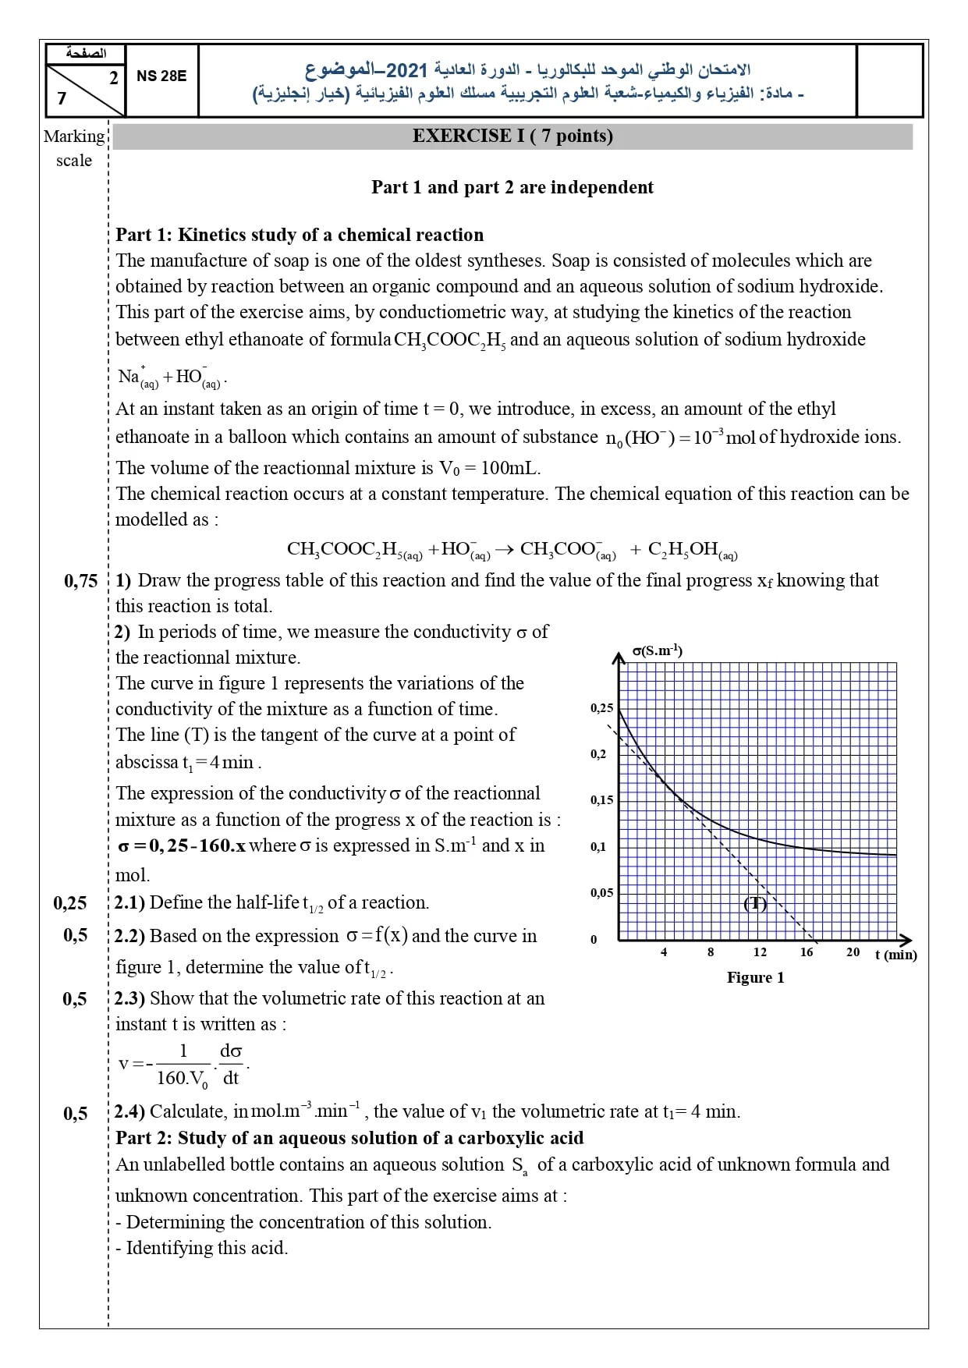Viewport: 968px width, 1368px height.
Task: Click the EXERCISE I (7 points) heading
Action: click(512, 136)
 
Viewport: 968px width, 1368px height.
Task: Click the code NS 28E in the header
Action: click(161, 76)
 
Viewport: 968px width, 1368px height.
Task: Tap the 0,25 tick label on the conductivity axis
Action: click(602, 708)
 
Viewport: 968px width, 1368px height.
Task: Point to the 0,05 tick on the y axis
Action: click(601, 892)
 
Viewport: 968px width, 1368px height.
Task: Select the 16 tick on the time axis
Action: click(807, 952)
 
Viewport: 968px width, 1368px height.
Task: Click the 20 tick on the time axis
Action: click(853, 952)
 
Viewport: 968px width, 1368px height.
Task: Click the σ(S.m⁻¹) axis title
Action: click(657, 650)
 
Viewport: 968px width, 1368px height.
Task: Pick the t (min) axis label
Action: click(895, 955)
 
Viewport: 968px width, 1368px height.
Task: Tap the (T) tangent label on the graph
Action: click(755, 904)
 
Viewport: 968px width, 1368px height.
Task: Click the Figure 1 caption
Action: click(755, 978)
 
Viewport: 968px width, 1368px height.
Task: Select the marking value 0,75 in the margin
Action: click(81, 581)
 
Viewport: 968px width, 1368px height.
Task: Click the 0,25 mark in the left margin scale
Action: click(70, 903)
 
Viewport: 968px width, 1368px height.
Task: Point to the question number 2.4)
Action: click(129, 1111)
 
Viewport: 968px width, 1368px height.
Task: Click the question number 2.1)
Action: click(129, 903)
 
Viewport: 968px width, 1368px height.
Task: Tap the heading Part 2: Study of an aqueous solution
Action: click(349, 1138)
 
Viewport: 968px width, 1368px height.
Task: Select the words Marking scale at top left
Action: click(74, 148)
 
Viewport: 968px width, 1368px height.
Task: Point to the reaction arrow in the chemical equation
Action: click(505, 550)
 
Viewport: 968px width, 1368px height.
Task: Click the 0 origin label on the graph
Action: click(594, 939)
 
